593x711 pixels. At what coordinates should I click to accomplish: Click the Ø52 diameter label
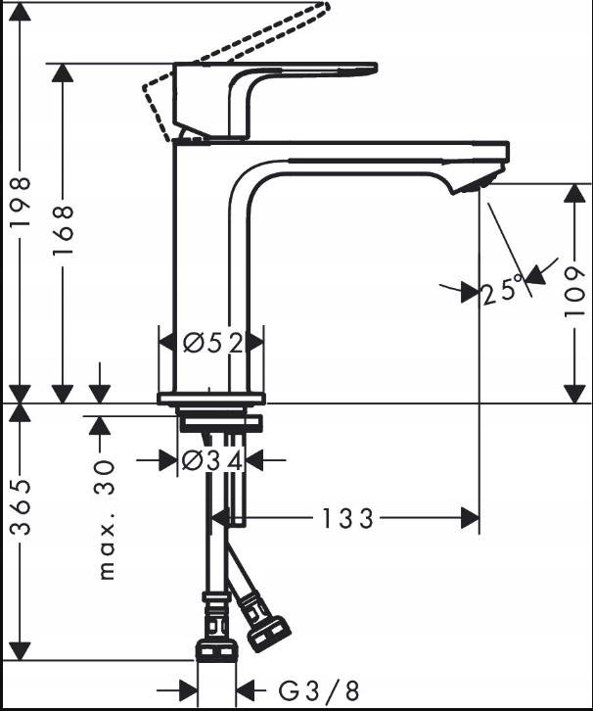tap(212, 343)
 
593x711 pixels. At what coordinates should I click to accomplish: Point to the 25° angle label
tap(502, 291)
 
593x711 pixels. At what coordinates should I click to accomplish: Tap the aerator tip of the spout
tap(479, 182)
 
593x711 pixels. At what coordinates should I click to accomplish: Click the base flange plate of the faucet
tap(210, 398)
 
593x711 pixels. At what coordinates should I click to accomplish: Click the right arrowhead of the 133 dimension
tap(471, 518)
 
